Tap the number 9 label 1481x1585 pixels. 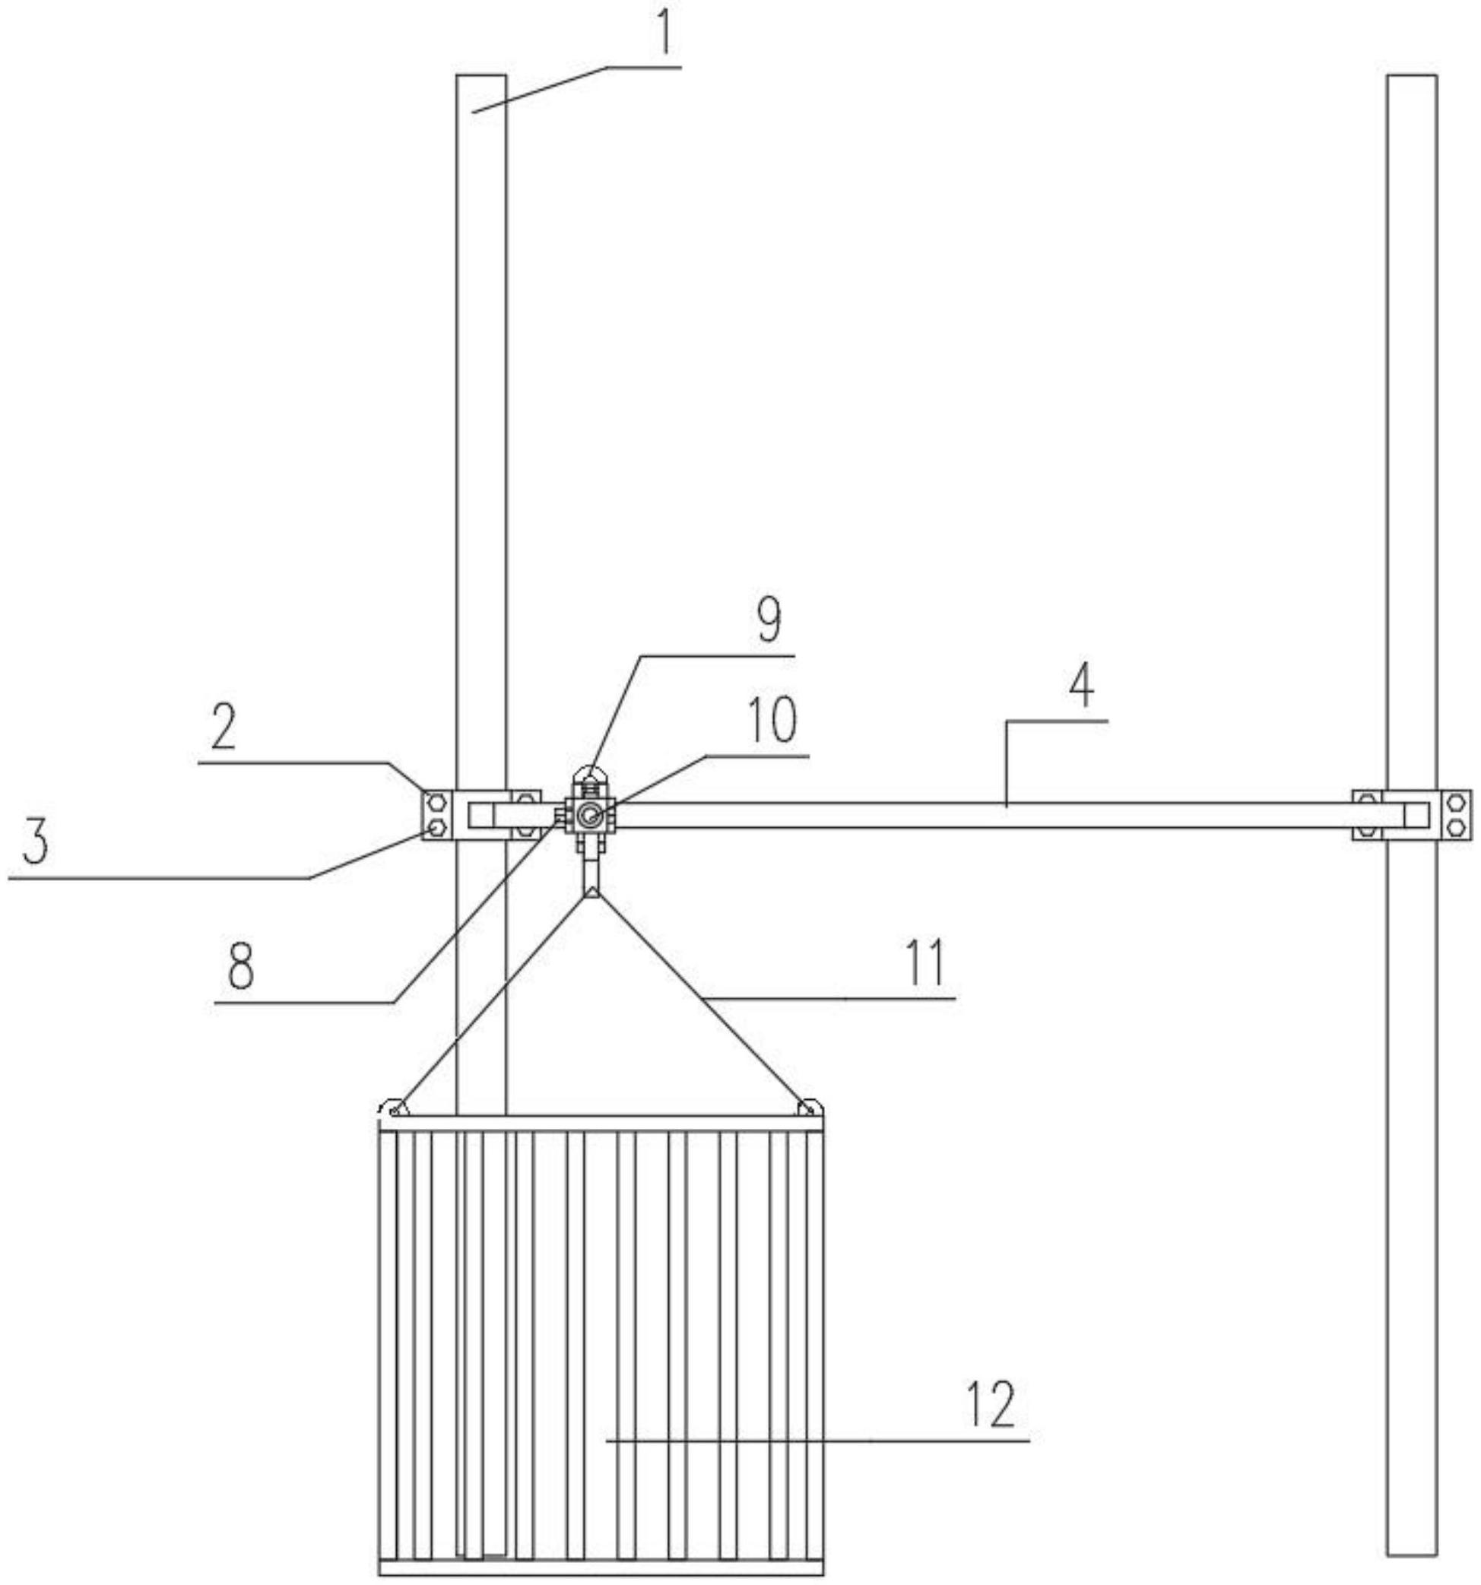tap(769, 621)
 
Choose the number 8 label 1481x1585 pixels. tap(240, 966)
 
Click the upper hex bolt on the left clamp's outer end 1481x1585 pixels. tap(436, 801)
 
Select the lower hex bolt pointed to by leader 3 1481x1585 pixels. tap(436, 828)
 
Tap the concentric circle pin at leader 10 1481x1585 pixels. tap(590, 815)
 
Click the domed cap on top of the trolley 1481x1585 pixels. tap(591, 772)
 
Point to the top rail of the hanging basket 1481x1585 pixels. tap(601, 1124)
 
